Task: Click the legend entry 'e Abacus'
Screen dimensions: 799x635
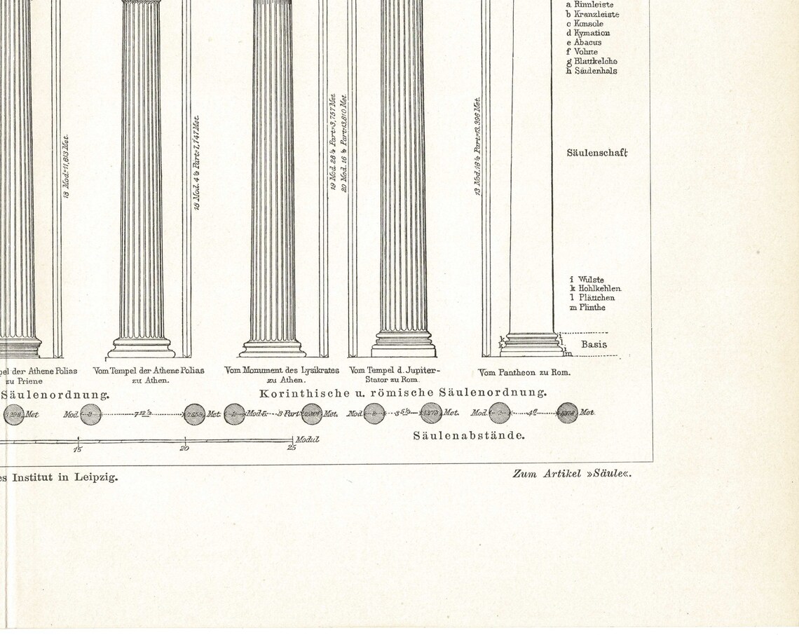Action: tap(583, 42)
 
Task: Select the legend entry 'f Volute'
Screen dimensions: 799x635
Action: tap(582, 51)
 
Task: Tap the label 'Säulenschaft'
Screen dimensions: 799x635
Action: tap(597, 152)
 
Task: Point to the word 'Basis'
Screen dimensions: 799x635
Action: tap(594, 344)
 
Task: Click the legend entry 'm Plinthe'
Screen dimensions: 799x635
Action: tap(587, 307)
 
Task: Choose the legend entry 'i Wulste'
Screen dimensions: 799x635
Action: tap(587, 280)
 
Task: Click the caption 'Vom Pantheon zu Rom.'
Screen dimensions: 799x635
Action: tap(524, 372)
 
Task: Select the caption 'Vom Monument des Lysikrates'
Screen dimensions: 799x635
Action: tap(281, 370)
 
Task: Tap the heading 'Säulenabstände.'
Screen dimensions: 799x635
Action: tap(469, 435)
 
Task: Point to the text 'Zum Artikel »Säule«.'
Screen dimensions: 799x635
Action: tap(572, 474)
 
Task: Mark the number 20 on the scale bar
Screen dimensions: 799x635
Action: tap(184, 449)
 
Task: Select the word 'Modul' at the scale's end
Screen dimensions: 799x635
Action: tap(307, 439)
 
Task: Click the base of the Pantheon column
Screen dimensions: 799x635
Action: tap(531, 344)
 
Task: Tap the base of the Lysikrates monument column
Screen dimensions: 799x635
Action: tap(273, 348)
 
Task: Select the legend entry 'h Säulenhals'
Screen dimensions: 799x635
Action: tap(592, 70)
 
